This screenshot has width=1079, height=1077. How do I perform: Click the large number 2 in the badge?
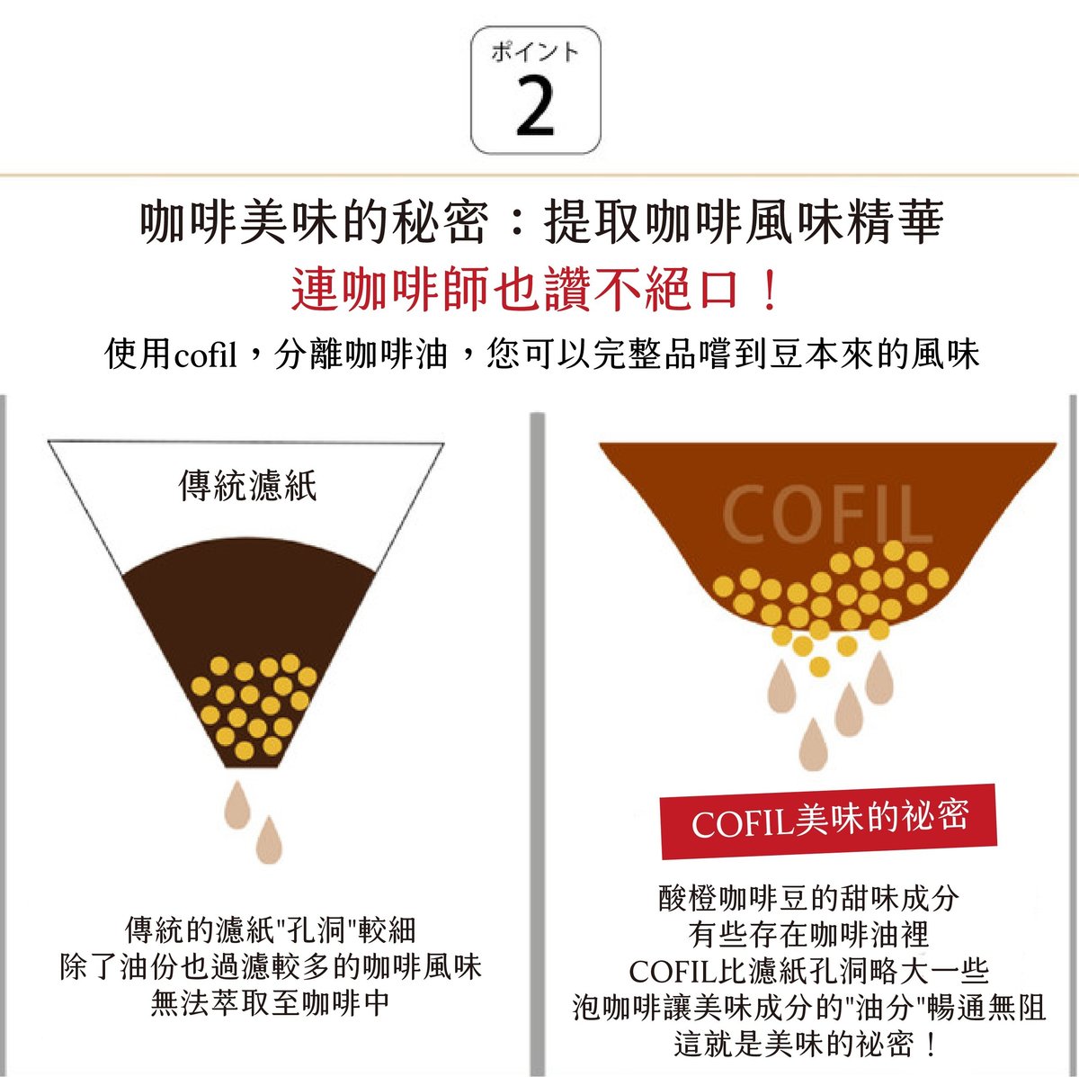(x=535, y=106)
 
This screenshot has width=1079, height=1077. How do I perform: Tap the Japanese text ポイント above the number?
(x=535, y=52)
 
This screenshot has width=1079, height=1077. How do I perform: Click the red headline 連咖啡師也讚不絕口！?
(x=535, y=290)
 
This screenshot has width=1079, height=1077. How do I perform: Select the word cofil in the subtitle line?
(x=206, y=355)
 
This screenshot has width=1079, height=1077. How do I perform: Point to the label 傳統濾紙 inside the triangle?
(x=247, y=485)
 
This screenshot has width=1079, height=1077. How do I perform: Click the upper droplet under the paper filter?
(x=236, y=804)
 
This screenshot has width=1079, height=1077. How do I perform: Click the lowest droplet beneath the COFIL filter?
(x=814, y=744)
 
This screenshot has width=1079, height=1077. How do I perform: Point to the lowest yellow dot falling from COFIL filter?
(x=819, y=667)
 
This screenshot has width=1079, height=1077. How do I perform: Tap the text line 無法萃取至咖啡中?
(x=270, y=1003)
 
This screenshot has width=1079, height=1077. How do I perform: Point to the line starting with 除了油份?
(x=271, y=967)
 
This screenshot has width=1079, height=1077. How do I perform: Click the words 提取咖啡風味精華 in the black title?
(x=745, y=222)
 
